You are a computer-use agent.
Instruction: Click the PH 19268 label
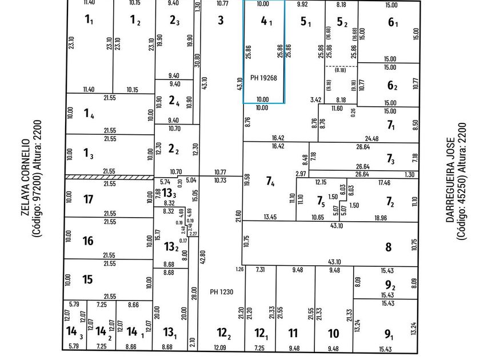coord(263,78)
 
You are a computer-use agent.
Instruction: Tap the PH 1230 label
coord(218,291)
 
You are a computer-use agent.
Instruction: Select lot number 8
coord(388,247)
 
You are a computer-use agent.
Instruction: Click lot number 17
coord(88,199)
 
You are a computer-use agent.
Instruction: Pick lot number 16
coord(88,241)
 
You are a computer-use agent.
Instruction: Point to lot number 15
coord(87,279)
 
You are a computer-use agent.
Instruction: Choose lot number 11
coord(293,333)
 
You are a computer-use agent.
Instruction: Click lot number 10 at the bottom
coord(334,333)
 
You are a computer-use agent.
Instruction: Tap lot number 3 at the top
coord(221,21)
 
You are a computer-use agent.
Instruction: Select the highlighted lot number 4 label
coord(265,22)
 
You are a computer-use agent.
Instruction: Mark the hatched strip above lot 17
coord(109,177)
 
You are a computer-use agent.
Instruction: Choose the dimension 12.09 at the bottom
coord(219,347)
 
